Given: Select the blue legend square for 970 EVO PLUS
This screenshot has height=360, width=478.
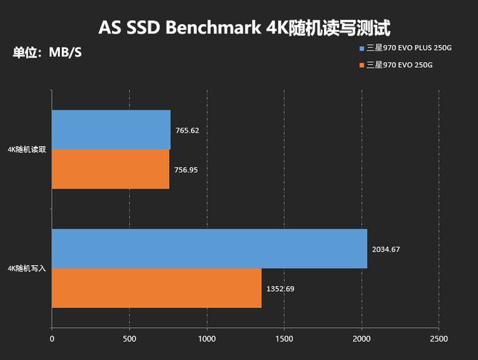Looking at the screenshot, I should click(x=362, y=48).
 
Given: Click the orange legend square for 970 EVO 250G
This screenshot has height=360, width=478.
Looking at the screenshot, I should click(x=362, y=66).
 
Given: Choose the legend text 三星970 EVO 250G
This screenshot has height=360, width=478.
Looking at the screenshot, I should click(x=400, y=66).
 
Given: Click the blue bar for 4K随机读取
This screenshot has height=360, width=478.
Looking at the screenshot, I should click(x=111, y=129).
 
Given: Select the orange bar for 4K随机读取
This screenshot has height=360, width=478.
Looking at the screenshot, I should click(x=111, y=169).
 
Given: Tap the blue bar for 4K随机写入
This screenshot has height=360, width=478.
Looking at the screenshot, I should click(x=210, y=249).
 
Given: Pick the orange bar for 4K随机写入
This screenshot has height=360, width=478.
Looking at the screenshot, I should click(x=157, y=288).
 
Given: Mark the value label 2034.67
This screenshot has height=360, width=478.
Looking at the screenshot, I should click(x=386, y=250).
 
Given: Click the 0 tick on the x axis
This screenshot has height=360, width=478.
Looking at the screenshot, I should click(x=52, y=339).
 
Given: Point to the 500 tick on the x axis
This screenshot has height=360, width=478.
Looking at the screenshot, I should click(x=129, y=339).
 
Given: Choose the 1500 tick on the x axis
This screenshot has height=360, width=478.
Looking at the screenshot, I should click(x=284, y=339).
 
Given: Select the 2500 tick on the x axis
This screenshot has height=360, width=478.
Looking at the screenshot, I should click(x=439, y=339).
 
